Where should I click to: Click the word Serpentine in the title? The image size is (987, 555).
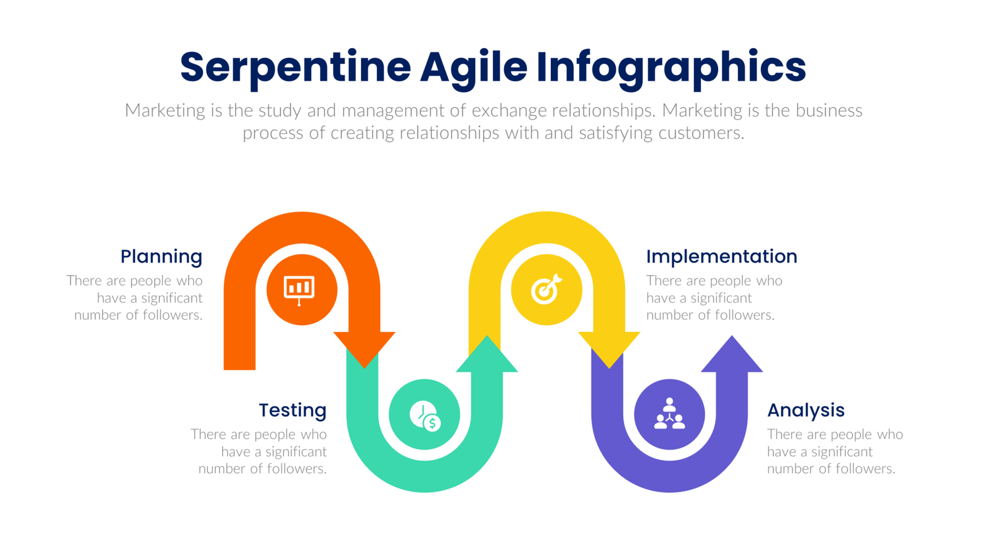click(295, 68)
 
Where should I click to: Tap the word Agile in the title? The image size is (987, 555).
click(474, 68)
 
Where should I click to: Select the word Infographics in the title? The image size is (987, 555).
click(671, 68)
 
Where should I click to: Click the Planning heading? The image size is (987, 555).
click(161, 257)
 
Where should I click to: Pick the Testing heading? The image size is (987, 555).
click(292, 410)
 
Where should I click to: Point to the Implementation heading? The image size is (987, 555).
click(721, 257)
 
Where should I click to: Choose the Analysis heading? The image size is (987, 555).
click(806, 410)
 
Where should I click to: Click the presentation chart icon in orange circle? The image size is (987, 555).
click(300, 289)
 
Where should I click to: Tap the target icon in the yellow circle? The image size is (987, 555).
click(546, 289)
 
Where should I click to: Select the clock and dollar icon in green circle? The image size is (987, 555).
click(425, 415)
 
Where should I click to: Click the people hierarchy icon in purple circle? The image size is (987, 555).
click(669, 414)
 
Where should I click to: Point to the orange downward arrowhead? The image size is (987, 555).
click(365, 347)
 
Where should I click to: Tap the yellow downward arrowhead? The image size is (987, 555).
click(609, 347)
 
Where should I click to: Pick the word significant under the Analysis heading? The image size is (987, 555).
click(842, 451)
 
